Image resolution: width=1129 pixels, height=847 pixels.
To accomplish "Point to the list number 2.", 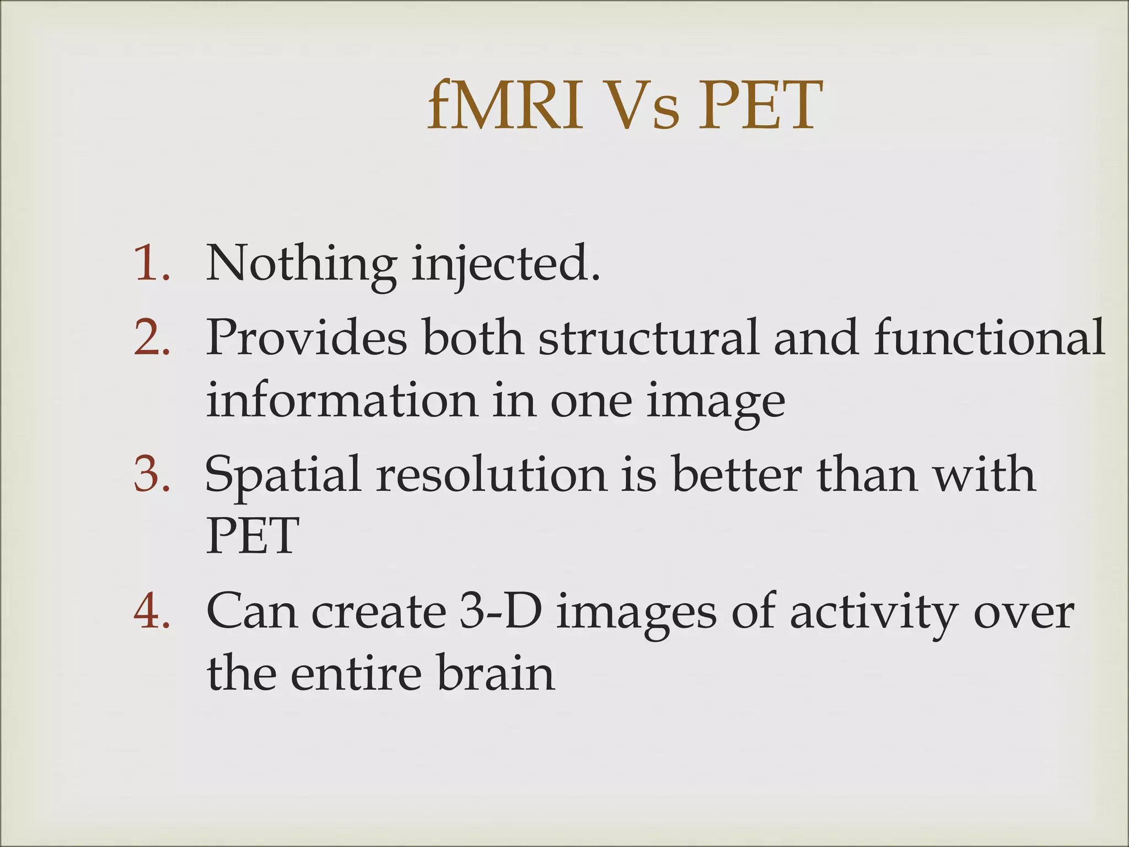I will point(151,337).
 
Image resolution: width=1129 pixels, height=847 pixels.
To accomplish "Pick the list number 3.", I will point(151,474).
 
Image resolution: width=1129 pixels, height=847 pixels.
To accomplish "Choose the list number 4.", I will point(151,612).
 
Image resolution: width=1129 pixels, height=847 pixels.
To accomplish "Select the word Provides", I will point(307,337).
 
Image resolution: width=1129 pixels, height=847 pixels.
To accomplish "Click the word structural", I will point(648,337).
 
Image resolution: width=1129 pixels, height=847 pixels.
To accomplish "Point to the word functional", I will point(989,337).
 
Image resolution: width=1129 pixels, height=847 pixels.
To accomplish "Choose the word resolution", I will point(491,474).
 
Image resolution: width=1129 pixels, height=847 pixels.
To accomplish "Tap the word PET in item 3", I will point(252,536).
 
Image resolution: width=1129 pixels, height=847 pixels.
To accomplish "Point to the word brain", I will point(496,673).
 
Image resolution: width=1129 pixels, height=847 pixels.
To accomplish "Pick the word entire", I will point(356,673).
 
